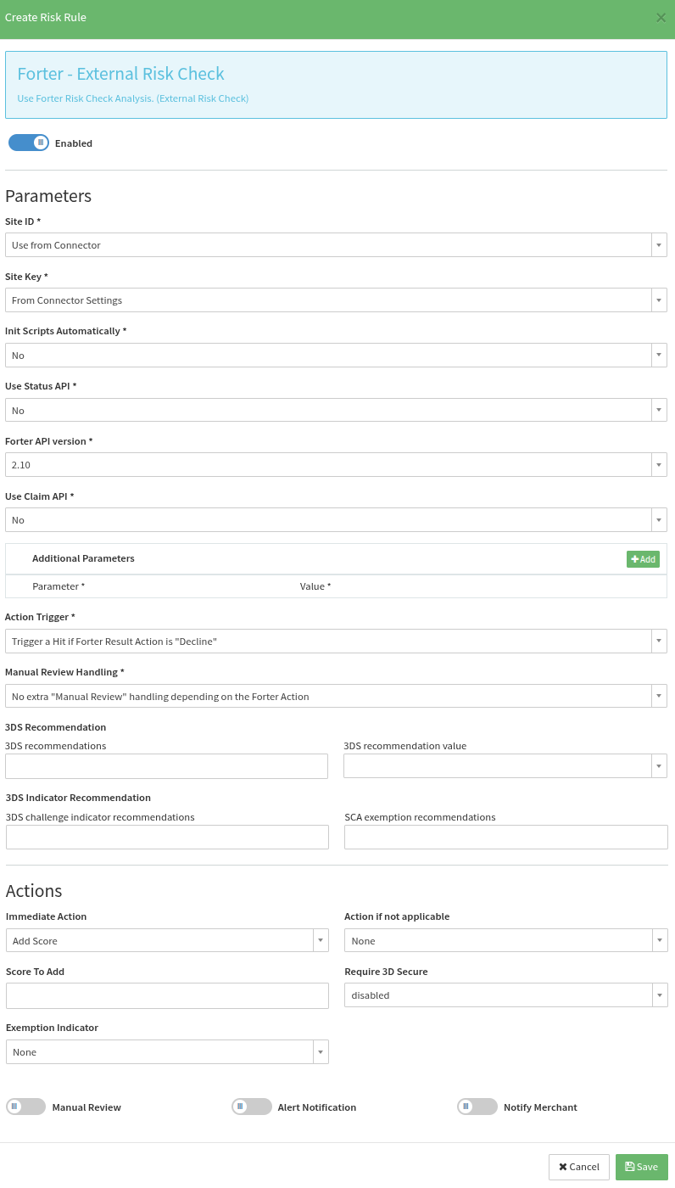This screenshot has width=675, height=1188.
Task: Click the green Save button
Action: [641, 1167]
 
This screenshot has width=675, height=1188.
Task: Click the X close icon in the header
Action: [661, 17]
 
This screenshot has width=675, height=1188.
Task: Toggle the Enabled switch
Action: [29, 143]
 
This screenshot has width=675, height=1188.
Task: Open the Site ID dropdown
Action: [336, 245]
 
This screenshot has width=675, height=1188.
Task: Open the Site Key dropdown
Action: [336, 300]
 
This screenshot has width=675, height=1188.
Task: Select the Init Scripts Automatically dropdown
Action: [336, 356]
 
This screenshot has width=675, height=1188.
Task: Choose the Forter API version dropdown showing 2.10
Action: [336, 465]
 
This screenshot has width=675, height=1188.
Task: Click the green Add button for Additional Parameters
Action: [643, 559]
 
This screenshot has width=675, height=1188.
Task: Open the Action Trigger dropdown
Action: [336, 642]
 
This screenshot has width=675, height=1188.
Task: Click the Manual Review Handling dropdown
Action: [336, 697]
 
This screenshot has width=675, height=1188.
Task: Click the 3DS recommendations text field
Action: [166, 766]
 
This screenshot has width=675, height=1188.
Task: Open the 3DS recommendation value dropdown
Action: [505, 766]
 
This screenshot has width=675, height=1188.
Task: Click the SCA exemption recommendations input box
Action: [505, 838]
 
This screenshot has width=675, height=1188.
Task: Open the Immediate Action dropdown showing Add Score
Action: [166, 941]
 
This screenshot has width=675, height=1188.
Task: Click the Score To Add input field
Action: [166, 996]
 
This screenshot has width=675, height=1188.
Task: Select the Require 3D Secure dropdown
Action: [505, 995]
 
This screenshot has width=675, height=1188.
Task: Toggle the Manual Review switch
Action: [25, 1107]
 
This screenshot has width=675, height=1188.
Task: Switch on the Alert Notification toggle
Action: [251, 1107]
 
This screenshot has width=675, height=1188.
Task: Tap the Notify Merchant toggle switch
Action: [477, 1107]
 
